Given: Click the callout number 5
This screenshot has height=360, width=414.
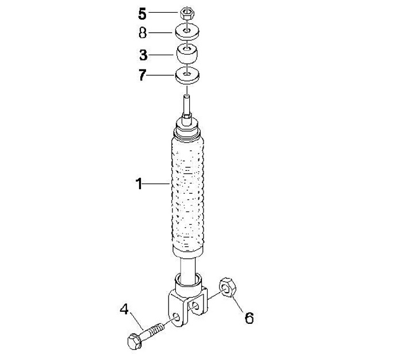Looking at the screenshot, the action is (143, 14).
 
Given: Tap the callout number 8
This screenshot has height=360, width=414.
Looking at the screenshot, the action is (143, 33).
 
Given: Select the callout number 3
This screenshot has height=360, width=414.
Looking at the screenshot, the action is (143, 55).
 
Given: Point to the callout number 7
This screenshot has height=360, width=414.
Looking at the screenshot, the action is (143, 75).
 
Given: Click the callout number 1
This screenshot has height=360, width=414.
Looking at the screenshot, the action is (139, 183).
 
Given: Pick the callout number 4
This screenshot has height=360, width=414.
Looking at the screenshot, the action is (124, 309).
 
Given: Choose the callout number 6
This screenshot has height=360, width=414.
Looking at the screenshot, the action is (249, 318).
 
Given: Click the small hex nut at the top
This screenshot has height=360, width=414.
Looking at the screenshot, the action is (187, 13).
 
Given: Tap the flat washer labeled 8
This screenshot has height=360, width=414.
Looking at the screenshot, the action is (187, 32).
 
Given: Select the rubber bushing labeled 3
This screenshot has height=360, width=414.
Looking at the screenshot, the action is (187, 54).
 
